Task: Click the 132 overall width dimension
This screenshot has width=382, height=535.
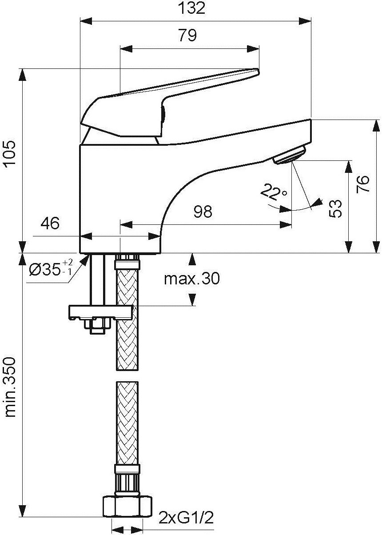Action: click(x=192, y=8)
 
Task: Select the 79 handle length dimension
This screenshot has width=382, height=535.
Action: click(x=187, y=36)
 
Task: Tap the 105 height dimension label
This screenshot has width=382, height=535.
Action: click(x=10, y=152)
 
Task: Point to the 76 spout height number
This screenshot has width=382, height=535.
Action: click(x=362, y=184)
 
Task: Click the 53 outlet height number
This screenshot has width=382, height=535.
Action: click(x=335, y=208)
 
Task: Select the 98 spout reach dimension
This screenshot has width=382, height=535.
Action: click(x=203, y=212)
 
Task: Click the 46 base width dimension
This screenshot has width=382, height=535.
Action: click(x=50, y=224)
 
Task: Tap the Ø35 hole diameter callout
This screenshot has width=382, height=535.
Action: click(x=51, y=269)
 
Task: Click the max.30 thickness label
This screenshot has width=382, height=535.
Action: click(x=192, y=279)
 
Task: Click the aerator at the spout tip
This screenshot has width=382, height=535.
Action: click(x=290, y=155)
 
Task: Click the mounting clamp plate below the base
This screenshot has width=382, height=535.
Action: click(x=100, y=313)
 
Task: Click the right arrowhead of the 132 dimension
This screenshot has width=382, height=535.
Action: click(x=305, y=20)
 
